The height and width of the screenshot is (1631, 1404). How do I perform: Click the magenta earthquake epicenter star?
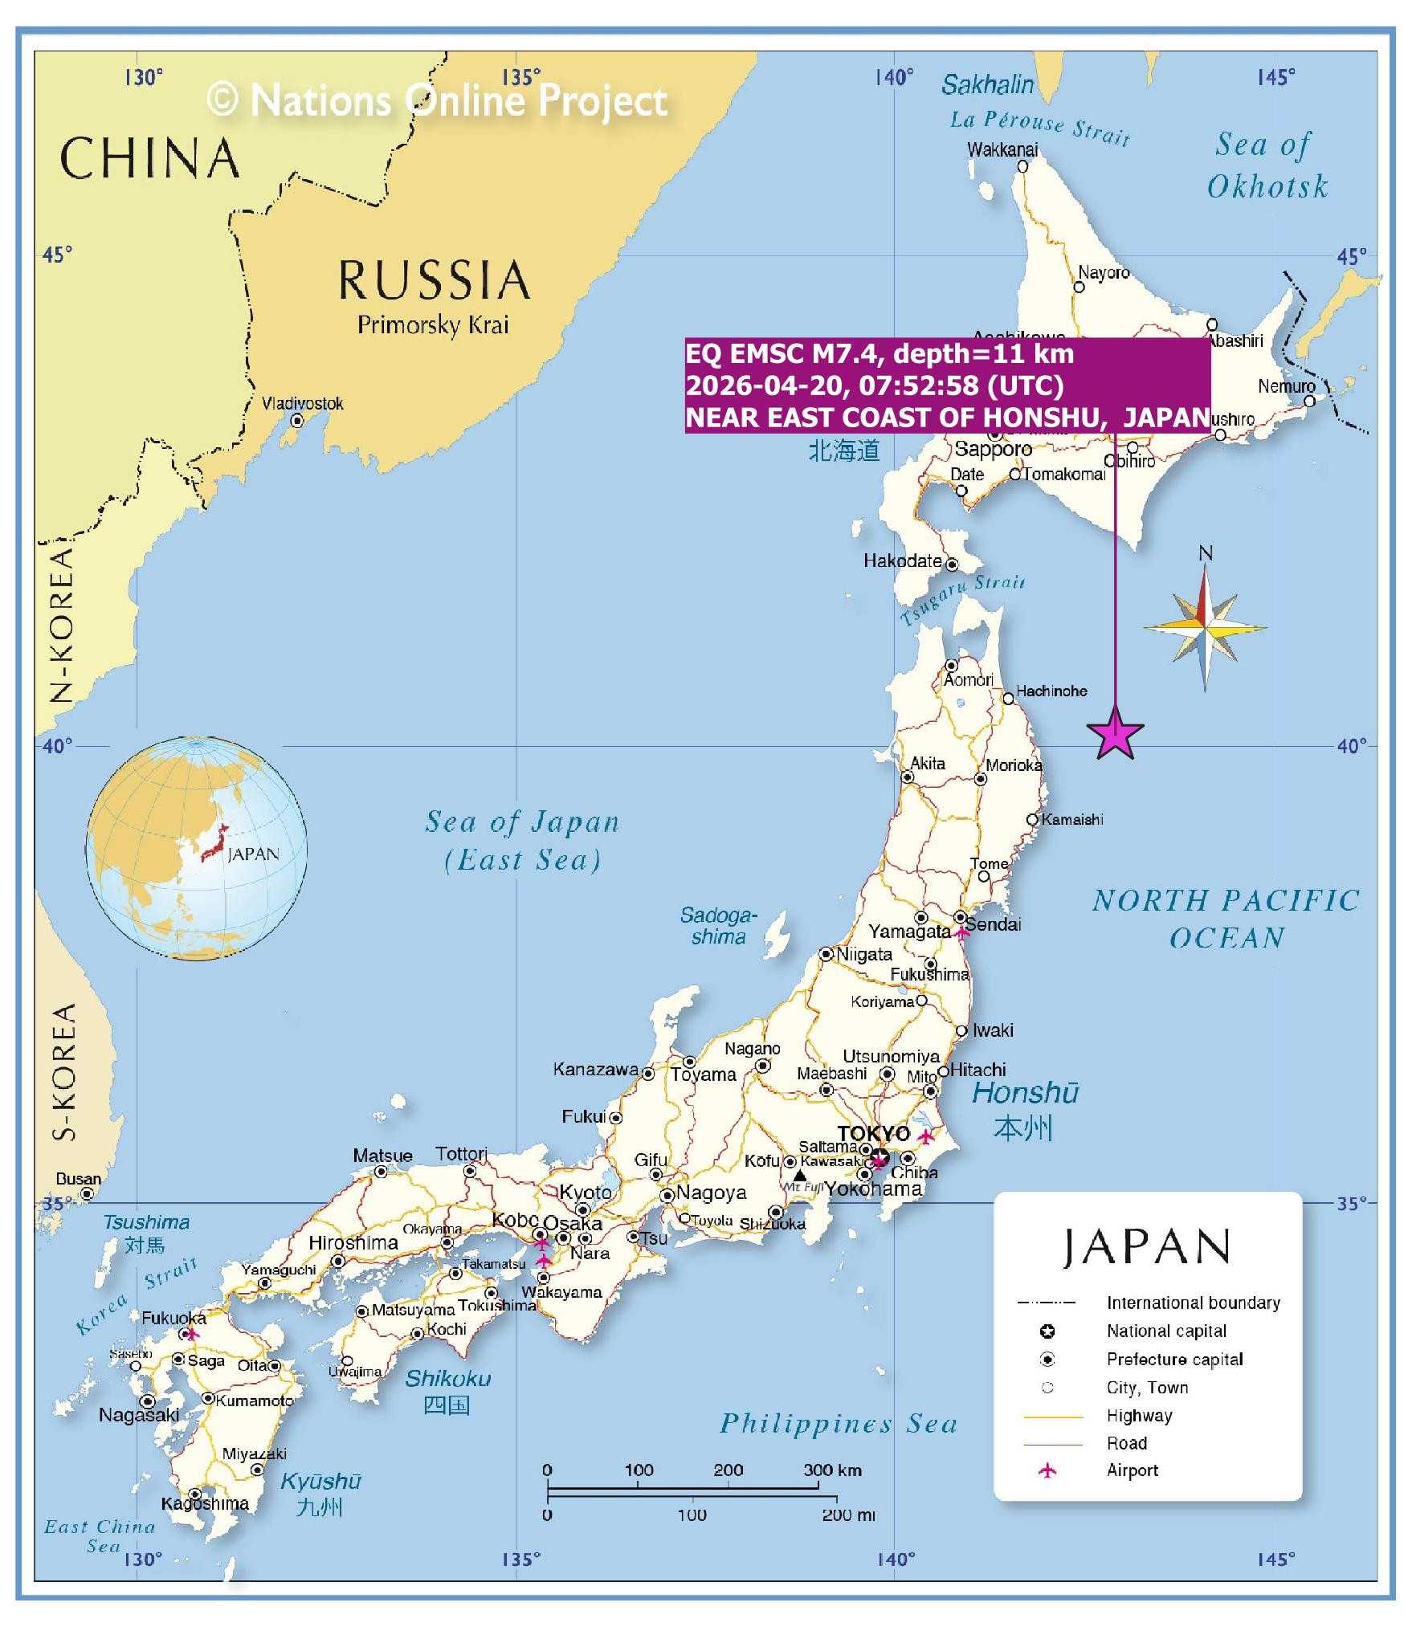click(1115, 734)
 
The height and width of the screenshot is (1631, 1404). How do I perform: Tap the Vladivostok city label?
click(302, 403)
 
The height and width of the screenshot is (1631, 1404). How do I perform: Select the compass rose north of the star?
click(1205, 627)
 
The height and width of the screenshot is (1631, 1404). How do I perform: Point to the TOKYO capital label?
click(874, 1133)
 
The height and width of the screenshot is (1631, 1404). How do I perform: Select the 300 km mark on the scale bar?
click(832, 1470)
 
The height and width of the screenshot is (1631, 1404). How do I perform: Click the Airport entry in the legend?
click(1132, 1470)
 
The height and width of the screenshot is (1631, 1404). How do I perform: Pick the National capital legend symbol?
click(1047, 1331)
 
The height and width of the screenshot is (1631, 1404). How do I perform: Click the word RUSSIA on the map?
click(434, 280)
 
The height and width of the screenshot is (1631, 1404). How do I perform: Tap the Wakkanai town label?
click(1002, 149)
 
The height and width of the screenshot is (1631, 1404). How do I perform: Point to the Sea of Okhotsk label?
click(1267, 165)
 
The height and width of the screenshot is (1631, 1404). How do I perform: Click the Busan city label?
click(78, 1179)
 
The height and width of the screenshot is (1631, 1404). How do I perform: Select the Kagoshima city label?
click(205, 1503)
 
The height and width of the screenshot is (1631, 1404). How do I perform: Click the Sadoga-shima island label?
click(718, 925)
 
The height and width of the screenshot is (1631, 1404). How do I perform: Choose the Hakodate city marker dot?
click(952, 565)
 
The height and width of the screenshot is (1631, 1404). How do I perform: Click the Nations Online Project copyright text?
click(437, 100)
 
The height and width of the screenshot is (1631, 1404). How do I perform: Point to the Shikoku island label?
click(447, 1378)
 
